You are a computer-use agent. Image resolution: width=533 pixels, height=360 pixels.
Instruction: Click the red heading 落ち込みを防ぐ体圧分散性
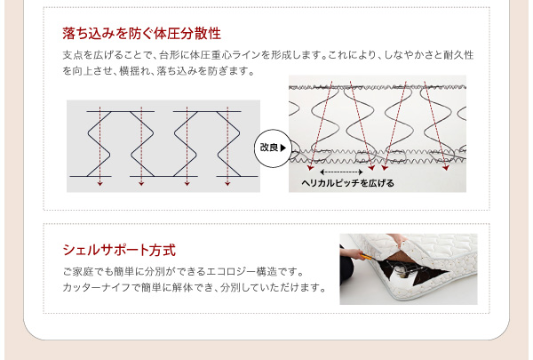click(x=142, y=34)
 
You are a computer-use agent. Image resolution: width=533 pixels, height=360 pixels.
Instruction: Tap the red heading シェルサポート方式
click(x=119, y=250)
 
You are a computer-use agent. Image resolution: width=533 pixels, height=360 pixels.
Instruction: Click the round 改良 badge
click(x=273, y=148)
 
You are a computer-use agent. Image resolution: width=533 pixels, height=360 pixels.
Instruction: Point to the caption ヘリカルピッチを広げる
click(x=347, y=183)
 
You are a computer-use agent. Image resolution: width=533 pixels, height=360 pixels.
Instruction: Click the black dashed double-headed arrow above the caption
click(x=341, y=172)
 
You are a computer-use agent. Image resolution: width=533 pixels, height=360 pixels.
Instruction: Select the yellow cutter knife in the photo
click(x=365, y=257)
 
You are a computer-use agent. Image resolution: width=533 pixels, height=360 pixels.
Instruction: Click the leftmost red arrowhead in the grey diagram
click(x=99, y=184)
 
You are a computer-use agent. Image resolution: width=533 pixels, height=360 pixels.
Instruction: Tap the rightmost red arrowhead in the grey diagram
click(x=227, y=184)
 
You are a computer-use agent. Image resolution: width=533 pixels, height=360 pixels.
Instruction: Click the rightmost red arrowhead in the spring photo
click(x=446, y=168)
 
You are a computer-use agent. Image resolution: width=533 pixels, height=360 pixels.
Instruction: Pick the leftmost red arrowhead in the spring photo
click(x=310, y=168)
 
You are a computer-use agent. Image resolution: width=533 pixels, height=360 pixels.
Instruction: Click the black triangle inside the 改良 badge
click(x=283, y=148)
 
